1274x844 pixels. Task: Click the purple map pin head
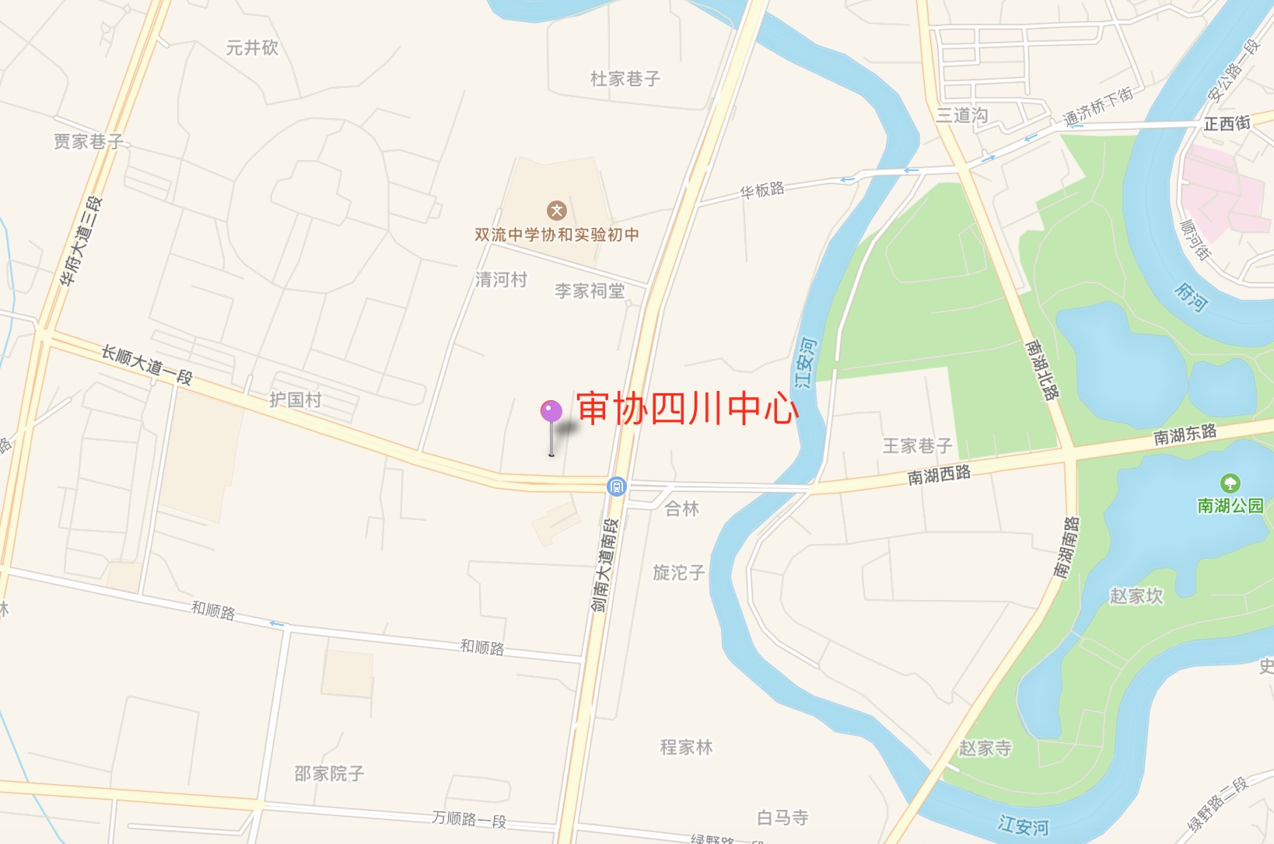tap(551, 411)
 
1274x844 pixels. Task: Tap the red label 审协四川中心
tap(688, 409)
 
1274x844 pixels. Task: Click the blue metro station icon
tap(617, 487)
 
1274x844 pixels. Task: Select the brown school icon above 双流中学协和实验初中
tap(556, 211)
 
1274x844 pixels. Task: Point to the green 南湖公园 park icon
tap(1230, 483)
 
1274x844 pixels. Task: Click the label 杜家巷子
tap(625, 78)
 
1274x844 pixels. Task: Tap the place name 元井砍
tap(252, 48)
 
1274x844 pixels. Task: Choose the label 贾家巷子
tap(89, 141)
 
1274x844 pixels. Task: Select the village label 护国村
tap(296, 399)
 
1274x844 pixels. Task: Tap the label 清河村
tap(502, 280)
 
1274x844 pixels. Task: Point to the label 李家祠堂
tap(590, 291)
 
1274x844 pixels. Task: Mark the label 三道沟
tap(962, 115)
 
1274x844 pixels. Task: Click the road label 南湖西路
tap(940, 475)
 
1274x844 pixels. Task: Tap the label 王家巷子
tap(917, 446)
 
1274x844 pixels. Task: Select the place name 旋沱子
tap(679, 573)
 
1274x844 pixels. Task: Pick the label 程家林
tap(687, 748)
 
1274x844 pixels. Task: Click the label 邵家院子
tap(329, 774)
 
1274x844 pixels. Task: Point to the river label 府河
tap(1191, 297)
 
